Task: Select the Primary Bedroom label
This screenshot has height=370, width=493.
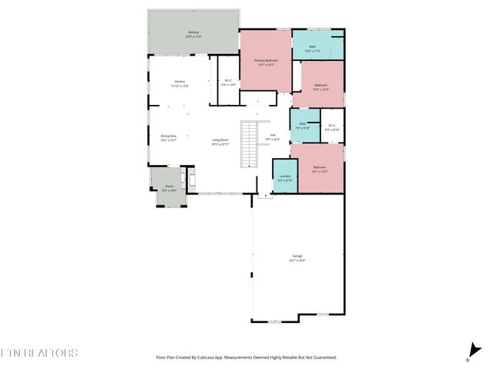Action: (266, 62)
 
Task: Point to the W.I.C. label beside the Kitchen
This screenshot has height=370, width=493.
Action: (228, 82)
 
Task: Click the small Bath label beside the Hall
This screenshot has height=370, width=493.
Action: (303, 125)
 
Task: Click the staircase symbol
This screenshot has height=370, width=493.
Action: (250, 144)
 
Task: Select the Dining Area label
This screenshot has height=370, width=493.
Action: (169, 138)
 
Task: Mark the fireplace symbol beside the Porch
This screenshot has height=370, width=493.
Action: (184, 182)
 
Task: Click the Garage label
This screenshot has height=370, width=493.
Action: (297, 257)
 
